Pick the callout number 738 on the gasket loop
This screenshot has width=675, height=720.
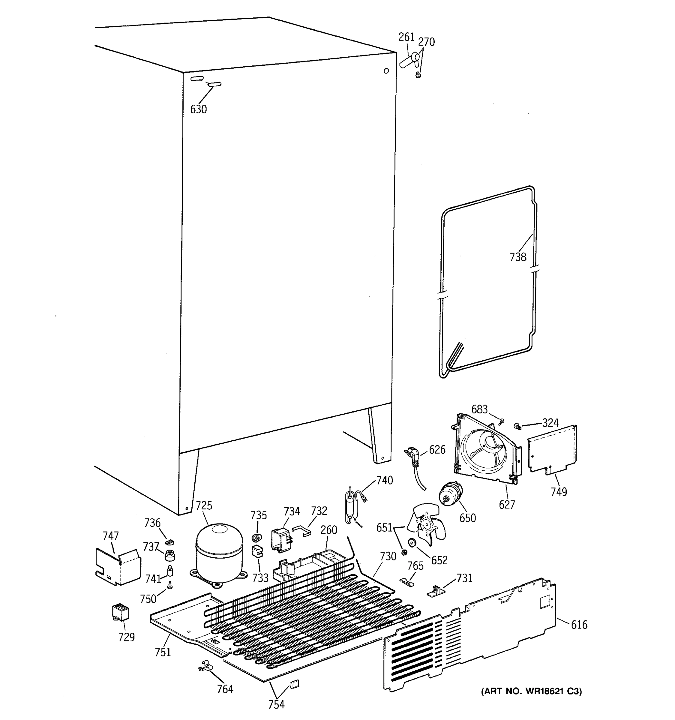[x=518, y=257]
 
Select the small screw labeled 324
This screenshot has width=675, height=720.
[x=517, y=426]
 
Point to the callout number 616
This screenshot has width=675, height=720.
[x=579, y=624]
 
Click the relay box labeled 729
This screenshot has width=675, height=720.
[x=121, y=612]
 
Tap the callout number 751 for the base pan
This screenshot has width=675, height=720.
[x=163, y=652]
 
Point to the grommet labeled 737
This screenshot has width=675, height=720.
[x=169, y=554]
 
